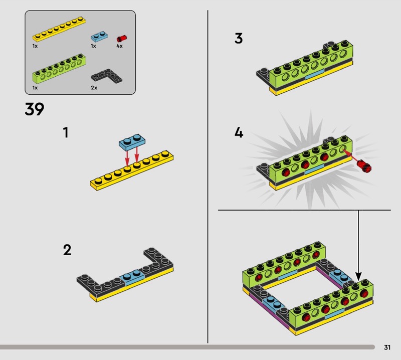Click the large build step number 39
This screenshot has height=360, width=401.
click(35, 109)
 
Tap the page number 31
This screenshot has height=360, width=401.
click(387, 347)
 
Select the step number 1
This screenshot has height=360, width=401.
click(65, 133)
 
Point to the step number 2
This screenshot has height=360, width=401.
click(67, 250)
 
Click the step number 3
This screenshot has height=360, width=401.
click(239, 38)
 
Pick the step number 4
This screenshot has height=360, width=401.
click(239, 133)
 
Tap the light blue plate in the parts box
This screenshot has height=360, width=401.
click(99, 36)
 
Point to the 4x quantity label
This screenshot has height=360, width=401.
click(119, 46)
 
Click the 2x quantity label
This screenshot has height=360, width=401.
click(94, 87)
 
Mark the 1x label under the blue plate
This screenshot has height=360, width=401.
click(93, 46)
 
